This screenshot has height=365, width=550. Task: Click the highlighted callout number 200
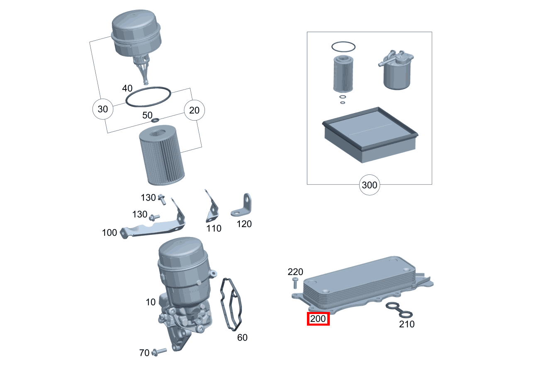318,319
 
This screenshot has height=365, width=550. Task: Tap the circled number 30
102,109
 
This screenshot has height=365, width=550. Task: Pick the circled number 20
195,110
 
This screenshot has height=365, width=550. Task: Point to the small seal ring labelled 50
156,120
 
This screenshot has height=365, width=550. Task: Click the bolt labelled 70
159,352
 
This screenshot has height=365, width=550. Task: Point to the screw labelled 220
295,283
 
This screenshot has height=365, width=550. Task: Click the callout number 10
151,302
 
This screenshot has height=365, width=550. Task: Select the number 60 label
242,338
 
